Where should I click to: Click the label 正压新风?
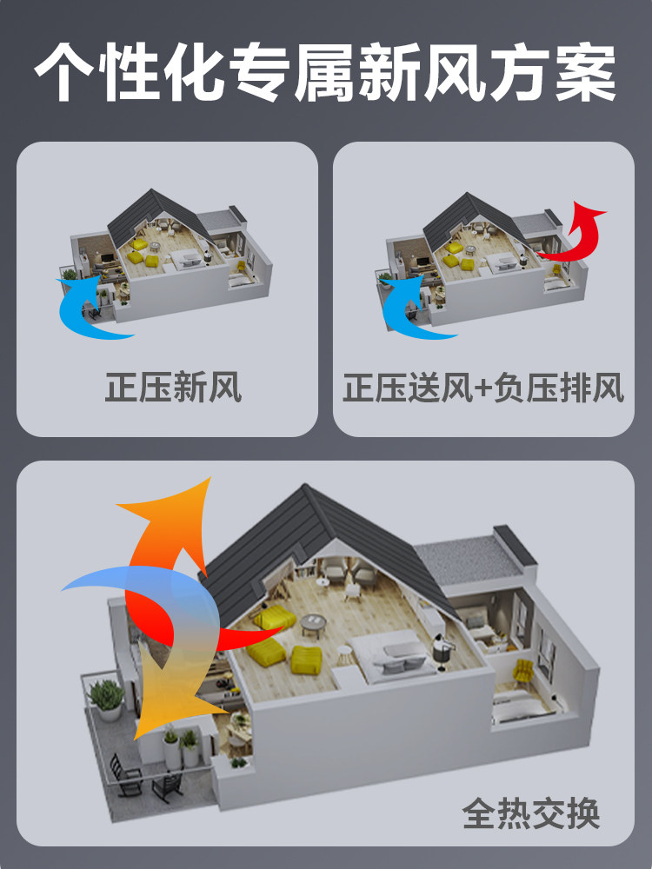pos(173,388)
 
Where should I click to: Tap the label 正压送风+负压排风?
pos(483,388)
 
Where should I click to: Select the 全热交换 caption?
pos(531,814)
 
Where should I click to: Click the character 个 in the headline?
pos(66,73)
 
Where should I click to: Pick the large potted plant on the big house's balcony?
pos(107,698)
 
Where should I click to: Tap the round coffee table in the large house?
pos(314,622)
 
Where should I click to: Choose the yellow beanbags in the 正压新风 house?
pos(141,254)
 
